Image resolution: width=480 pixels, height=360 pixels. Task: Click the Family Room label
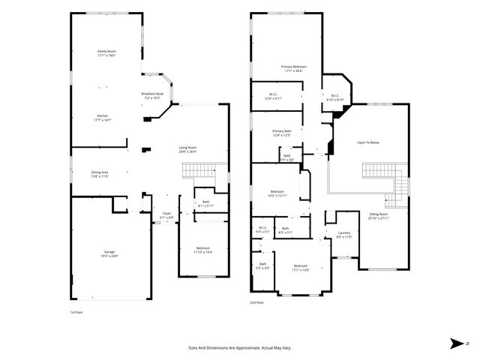click(107, 53)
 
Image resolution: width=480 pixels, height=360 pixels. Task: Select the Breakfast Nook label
click(152, 96)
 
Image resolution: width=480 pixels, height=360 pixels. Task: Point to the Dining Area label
click(100, 175)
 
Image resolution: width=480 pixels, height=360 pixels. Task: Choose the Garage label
click(109, 253)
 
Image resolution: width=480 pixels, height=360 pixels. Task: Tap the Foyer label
click(166, 215)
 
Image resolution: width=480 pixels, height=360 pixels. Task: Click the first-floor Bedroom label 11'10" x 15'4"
click(203, 250)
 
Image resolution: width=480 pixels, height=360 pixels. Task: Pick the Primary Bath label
click(281, 133)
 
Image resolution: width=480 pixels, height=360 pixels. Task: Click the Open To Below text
click(367, 142)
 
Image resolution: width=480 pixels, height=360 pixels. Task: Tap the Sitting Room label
click(379, 216)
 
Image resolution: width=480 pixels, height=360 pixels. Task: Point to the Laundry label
click(344, 235)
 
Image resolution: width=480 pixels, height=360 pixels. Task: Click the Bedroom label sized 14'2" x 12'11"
click(277, 193)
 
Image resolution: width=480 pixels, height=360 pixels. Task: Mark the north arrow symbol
click(457, 343)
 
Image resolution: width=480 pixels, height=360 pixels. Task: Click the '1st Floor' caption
click(76, 310)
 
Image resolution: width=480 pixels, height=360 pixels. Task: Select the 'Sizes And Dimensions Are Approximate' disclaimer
click(240, 347)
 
